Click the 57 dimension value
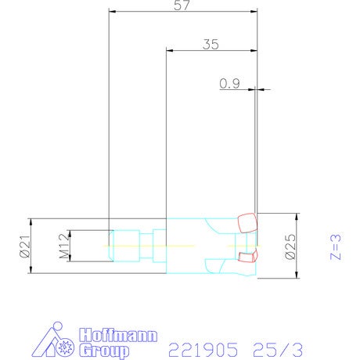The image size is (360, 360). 182,5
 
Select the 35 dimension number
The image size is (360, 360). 211,45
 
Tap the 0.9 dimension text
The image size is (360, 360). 229,84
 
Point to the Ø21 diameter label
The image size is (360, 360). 25,246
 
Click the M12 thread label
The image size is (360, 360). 64,246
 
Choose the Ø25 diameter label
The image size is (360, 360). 290,247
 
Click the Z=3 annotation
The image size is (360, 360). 336,247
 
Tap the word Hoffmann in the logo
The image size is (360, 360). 118,336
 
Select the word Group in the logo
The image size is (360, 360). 104,351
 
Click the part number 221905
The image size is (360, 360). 203,350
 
